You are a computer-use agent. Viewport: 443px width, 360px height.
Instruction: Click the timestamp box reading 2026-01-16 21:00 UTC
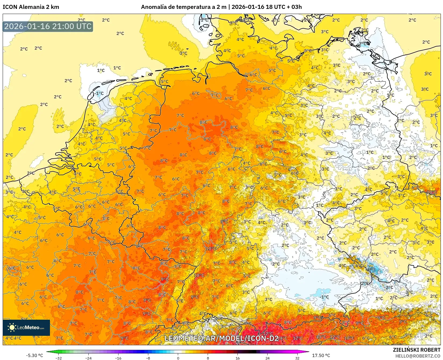pyautogui.click(x=48, y=26)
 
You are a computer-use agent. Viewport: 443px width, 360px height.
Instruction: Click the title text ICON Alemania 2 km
pyautogui.click(x=31, y=7)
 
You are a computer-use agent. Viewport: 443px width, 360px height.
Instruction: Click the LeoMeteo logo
pyautogui.click(x=26, y=327)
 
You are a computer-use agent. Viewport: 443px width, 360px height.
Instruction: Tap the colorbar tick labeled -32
pyautogui.click(x=59, y=358)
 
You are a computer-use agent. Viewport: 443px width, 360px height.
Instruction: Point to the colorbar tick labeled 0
pyautogui.click(x=178, y=358)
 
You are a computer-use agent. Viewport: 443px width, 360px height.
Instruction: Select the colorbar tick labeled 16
pyautogui.click(x=237, y=358)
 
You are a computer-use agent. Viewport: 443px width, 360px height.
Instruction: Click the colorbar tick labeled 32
pyautogui.click(x=297, y=358)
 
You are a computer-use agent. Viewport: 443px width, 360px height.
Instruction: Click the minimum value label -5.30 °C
pyautogui.click(x=34, y=355)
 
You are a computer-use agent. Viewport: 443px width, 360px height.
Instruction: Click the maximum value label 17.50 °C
pyautogui.click(x=321, y=355)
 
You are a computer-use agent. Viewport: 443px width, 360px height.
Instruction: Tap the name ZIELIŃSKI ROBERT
pyautogui.click(x=417, y=350)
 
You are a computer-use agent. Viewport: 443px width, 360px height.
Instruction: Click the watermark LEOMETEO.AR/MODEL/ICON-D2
pyautogui.click(x=222, y=338)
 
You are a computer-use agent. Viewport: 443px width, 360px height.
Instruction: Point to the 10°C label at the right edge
pyautogui.click(x=432, y=192)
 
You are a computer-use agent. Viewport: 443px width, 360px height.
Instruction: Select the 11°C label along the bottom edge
pyautogui.click(x=321, y=337)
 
